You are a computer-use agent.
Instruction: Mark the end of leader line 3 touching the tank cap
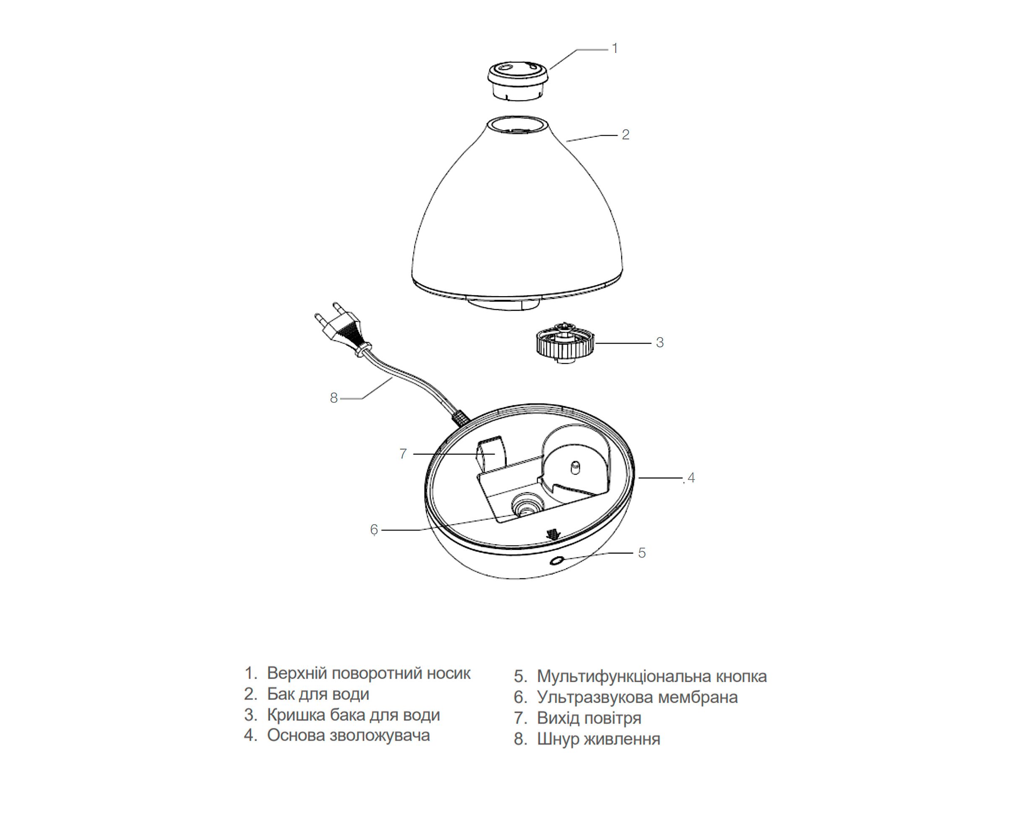596,343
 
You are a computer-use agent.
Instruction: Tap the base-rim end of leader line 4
639,478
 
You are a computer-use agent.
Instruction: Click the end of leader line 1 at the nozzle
549,69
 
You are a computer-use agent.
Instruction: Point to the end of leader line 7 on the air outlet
494,454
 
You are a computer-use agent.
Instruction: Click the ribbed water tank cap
565,342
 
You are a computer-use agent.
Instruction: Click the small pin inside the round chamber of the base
575,468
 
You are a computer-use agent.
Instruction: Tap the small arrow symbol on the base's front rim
552,534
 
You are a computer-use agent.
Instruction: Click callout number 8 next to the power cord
334,398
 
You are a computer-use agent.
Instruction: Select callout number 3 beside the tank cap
660,343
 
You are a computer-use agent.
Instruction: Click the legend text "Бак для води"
318,694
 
